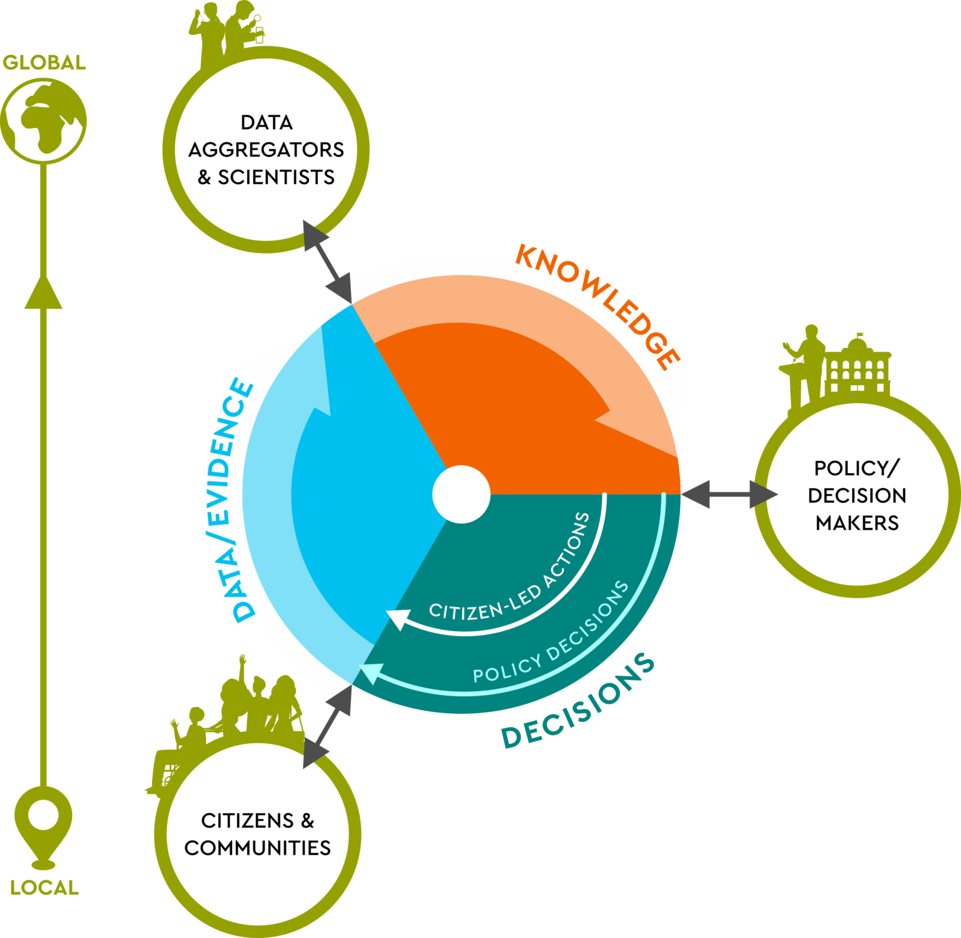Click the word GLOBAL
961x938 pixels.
(x=44, y=63)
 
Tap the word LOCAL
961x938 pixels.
(x=44, y=887)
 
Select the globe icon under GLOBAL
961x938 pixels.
(x=43, y=121)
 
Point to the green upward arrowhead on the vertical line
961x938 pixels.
(x=43, y=292)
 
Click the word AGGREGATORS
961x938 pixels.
(x=266, y=150)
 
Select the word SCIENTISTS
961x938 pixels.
(x=276, y=177)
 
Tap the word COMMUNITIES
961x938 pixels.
(x=257, y=848)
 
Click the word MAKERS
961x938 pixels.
(x=857, y=523)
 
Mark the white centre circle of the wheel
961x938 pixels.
(x=462, y=495)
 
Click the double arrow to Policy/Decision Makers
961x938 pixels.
(x=730, y=495)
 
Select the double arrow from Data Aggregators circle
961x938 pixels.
(x=328, y=262)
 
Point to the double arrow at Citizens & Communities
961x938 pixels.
(x=328, y=726)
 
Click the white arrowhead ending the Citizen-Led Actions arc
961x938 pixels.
(x=398, y=619)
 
